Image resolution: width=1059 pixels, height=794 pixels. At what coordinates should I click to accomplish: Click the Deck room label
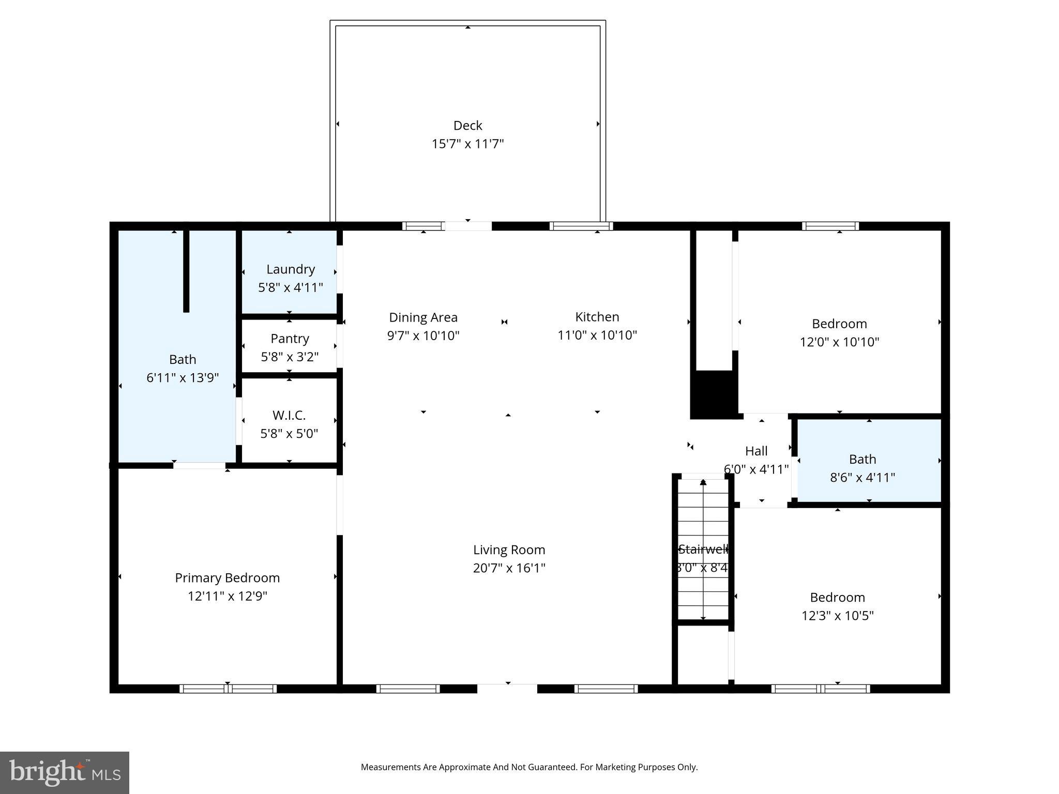(x=467, y=126)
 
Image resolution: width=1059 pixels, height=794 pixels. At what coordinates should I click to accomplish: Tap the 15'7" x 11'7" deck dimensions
(x=467, y=144)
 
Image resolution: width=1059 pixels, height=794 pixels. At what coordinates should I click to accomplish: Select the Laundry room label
(x=290, y=269)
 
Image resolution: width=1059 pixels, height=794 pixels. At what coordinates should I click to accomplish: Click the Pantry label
(x=290, y=339)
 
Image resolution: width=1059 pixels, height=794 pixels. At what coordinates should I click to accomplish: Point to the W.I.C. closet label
(x=289, y=415)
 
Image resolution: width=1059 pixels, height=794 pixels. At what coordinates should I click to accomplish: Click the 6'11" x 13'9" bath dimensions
(x=183, y=378)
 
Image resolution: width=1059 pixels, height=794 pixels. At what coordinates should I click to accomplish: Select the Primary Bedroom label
(x=227, y=578)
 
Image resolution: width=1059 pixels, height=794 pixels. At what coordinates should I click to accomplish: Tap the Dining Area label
(x=423, y=317)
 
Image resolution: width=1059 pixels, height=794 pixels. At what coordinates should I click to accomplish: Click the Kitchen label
(x=597, y=317)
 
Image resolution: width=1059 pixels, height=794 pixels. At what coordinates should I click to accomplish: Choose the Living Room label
(x=509, y=550)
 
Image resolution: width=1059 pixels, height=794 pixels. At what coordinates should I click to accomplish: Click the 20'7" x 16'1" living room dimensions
(x=509, y=568)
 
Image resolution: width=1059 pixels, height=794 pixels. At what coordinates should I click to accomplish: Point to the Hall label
(x=756, y=451)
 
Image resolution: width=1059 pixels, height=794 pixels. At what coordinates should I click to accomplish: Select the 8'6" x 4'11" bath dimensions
(x=862, y=478)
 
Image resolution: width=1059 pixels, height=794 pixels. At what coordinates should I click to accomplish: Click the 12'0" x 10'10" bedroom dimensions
(x=839, y=342)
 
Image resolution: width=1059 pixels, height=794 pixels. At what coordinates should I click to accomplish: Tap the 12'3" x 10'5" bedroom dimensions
(x=837, y=616)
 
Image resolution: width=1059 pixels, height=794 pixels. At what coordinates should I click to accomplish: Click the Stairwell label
(x=703, y=549)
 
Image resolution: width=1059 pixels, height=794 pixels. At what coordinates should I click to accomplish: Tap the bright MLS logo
(x=65, y=772)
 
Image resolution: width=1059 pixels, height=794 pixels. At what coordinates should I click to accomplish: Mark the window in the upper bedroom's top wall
(x=830, y=226)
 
